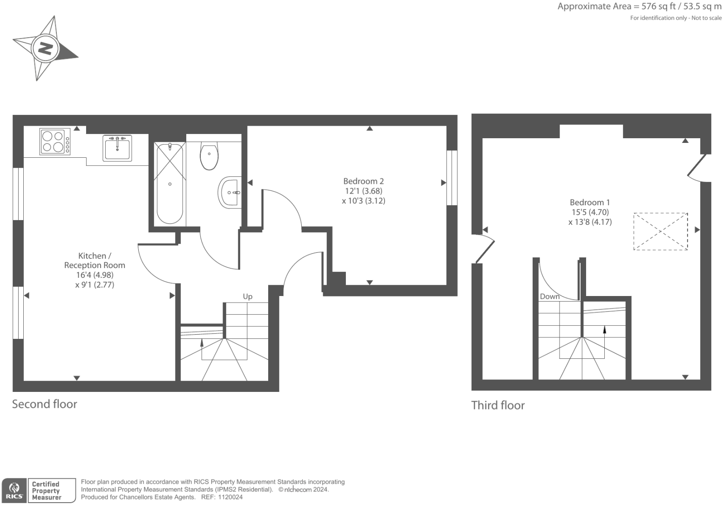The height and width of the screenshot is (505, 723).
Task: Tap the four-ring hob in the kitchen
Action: click(53, 141)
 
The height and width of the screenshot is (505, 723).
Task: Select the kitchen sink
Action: click(117, 148)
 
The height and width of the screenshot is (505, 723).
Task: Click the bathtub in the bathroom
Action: click(169, 183)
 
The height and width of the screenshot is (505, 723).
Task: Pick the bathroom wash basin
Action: click(230, 192)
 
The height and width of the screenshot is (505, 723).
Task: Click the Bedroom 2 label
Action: click(363, 181)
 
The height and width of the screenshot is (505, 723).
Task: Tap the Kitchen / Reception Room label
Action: click(95, 260)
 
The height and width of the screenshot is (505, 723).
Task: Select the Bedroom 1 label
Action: click(589, 202)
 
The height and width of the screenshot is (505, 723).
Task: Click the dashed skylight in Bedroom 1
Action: click(660, 231)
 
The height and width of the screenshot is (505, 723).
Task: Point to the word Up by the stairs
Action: click(248, 296)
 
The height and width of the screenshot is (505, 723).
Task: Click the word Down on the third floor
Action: click(549, 296)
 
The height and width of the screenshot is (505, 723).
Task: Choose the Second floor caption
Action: click(45, 404)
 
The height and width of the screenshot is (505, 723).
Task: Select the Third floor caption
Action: click(498, 405)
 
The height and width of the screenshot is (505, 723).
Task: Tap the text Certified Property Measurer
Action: click(46, 491)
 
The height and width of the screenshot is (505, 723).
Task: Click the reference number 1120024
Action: click(228, 497)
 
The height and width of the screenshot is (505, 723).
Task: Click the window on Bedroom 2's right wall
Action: click(452, 177)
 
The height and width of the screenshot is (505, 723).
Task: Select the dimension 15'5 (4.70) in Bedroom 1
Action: click(590, 212)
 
